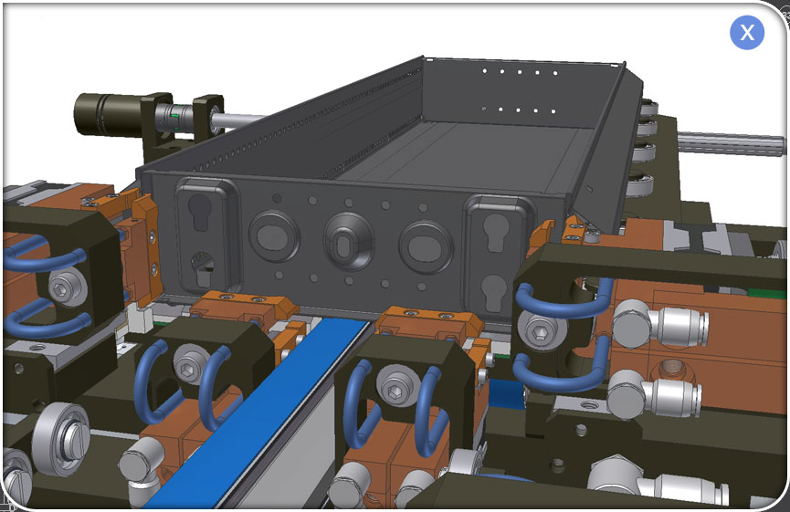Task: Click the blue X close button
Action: pos(747,33)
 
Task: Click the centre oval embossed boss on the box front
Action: pos(349,242)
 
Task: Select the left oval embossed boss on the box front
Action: pos(274,235)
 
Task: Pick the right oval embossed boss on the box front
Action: pos(427,247)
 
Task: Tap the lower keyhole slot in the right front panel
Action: pos(493,292)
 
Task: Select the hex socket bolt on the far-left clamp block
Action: pos(68,287)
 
